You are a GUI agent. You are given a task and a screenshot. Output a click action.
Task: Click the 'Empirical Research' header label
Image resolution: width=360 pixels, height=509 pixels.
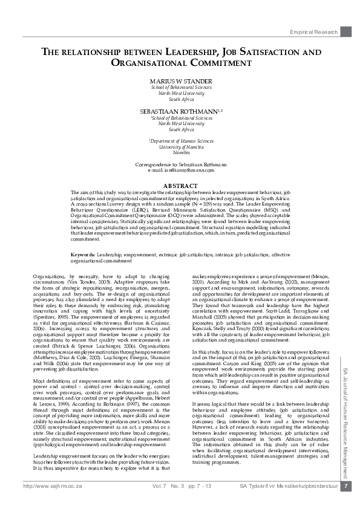click(x=313, y=31)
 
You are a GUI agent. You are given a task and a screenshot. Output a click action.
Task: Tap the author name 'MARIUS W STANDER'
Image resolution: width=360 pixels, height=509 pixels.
click(x=182, y=81)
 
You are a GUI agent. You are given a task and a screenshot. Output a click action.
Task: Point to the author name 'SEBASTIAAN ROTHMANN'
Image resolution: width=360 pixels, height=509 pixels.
click(x=181, y=112)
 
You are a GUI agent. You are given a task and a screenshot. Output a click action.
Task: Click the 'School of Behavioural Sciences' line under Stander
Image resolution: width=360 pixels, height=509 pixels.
click(x=182, y=88)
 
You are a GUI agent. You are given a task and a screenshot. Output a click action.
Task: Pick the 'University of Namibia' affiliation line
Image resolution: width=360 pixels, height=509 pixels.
click(x=182, y=147)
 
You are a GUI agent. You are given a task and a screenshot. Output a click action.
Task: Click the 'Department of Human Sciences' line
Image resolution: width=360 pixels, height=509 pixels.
click(x=182, y=141)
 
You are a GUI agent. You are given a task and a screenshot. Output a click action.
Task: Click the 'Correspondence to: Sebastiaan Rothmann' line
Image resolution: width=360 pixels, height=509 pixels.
click(x=182, y=164)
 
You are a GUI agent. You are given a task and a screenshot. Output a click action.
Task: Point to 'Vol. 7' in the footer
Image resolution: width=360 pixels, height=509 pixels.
click(x=159, y=502)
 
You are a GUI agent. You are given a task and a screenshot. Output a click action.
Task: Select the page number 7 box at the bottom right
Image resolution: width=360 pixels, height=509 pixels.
click(x=345, y=502)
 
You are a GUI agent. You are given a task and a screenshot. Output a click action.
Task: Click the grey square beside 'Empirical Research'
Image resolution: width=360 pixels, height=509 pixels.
click(x=345, y=31)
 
